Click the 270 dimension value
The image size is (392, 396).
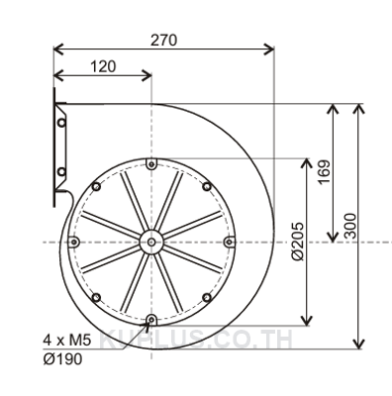[x=164, y=41]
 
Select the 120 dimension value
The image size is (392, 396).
[x=103, y=66]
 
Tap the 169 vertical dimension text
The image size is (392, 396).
[x=324, y=172]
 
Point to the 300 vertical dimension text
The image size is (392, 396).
[x=350, y=226]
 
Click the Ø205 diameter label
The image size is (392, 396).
[x=298, y=242]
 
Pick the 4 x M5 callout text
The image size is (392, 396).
[x=66, y=341]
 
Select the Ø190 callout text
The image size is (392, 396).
[x=62, y=359]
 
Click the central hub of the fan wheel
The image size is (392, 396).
[x=151, y=242]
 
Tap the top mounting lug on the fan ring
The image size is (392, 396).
[x=151, y=164]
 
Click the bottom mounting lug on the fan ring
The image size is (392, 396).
[x=151, y=320]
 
